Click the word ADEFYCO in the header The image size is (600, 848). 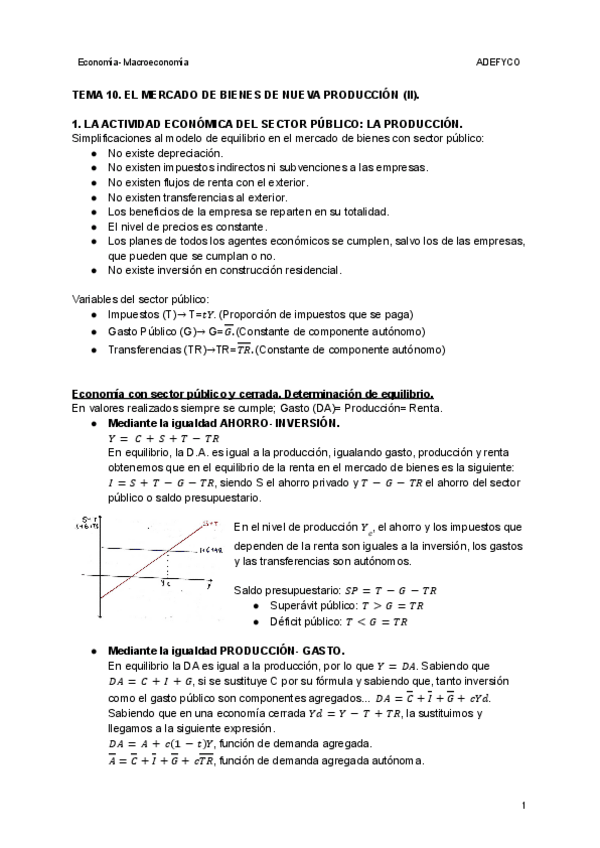[x=499, y=63]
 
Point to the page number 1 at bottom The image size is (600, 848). [x=524, y=805]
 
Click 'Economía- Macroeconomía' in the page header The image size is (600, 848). [x=125, y=63]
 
